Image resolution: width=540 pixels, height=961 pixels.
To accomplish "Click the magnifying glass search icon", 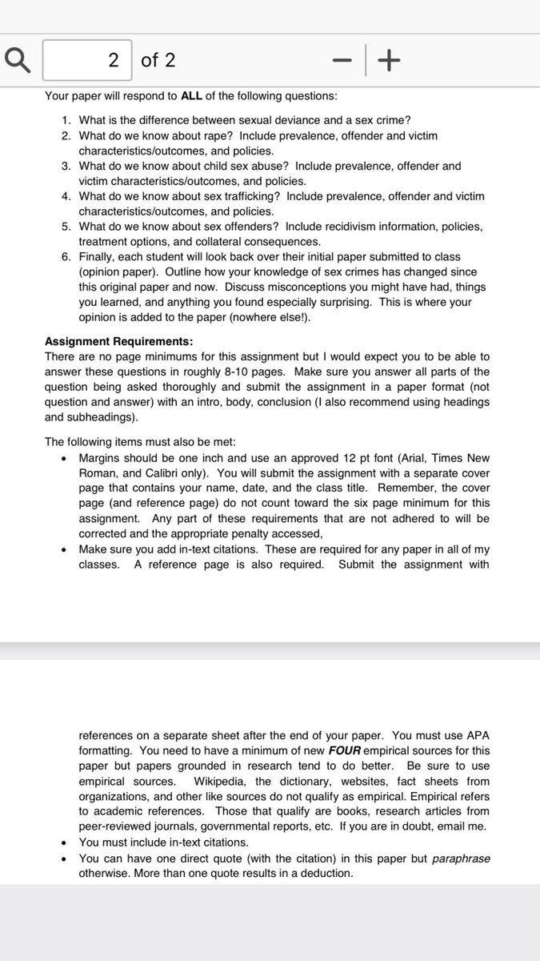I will point(18,60).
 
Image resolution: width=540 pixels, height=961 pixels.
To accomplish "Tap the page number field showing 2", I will point(87,60).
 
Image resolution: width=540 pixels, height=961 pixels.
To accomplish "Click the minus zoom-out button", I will point(342,60).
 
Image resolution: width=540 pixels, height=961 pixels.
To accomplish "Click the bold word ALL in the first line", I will point(191,96).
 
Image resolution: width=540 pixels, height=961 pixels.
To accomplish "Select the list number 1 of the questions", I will point(66,120).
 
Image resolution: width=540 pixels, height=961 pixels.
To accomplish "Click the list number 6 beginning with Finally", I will point(66,256).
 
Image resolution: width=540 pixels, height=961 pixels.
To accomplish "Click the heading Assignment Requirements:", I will point(118,341).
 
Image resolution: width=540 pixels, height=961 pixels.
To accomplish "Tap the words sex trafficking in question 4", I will point(246,196).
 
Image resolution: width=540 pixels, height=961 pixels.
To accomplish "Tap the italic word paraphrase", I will point(461,858).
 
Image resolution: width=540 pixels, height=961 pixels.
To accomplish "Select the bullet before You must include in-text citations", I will point(63,842).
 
